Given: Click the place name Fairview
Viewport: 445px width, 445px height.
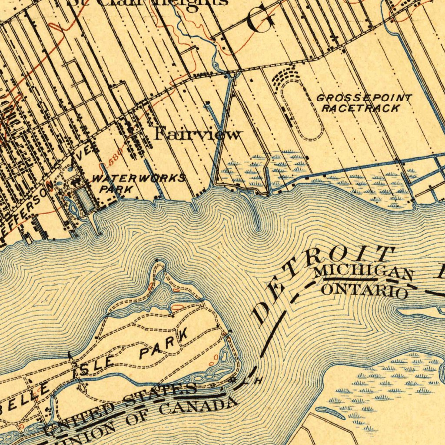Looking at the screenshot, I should [197, 134].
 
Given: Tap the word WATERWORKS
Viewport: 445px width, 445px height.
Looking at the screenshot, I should [138, 179].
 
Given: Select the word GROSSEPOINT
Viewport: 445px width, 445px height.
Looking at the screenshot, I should [364, 98].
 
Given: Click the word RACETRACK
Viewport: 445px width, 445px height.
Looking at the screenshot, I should [360, 108].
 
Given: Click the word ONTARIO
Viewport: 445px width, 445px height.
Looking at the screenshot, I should [365, 290].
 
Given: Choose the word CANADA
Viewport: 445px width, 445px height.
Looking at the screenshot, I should [198, 407].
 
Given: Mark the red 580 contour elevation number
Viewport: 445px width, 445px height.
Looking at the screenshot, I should [114, 158].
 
